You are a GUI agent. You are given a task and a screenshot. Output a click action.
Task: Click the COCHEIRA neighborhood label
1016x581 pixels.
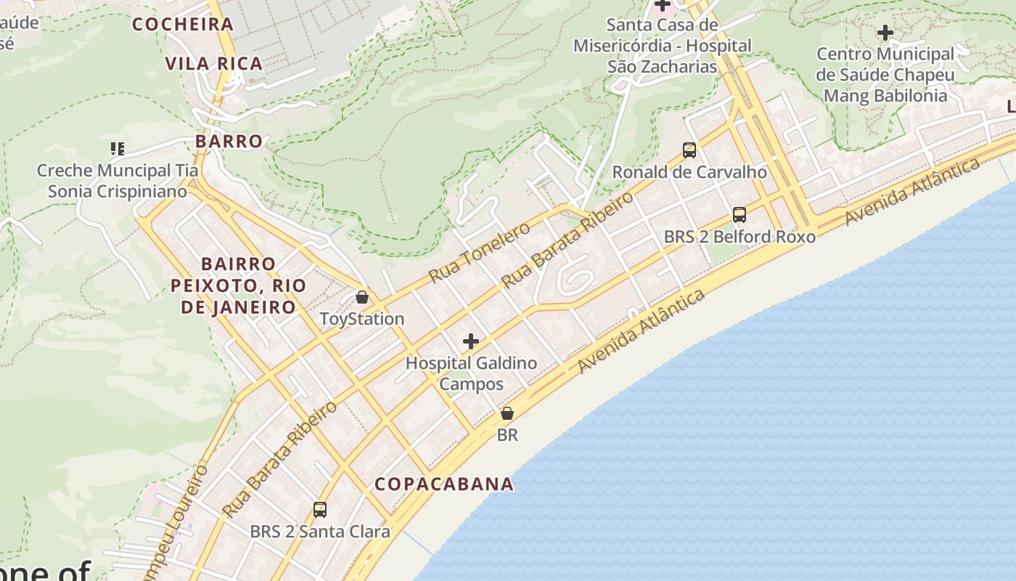183,24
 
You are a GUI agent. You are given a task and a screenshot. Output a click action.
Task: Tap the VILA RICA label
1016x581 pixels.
214,64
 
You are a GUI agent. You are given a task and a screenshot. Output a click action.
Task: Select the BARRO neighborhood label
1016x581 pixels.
229,141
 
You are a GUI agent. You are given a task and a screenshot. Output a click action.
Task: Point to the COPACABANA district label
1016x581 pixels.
444,484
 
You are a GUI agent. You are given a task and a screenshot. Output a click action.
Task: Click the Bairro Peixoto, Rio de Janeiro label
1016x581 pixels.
239,285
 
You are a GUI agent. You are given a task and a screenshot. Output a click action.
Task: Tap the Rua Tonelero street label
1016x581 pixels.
480,253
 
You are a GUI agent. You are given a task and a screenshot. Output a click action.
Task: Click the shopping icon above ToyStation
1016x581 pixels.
362,297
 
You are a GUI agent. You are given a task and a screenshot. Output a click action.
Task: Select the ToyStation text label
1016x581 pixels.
362,319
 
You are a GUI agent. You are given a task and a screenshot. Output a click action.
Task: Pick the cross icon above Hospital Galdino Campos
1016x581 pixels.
471,341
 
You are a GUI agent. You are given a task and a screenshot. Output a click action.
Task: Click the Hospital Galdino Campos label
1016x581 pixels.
471,373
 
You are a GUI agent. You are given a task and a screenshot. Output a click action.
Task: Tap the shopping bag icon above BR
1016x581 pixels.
507,413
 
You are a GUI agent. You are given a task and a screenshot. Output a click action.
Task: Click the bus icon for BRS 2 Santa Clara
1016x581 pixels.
320,510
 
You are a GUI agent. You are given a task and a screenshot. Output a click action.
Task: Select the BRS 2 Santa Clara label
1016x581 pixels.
320,532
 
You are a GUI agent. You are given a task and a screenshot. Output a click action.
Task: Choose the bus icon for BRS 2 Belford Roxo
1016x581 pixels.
740,215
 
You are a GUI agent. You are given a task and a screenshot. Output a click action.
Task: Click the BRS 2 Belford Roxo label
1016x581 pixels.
740,237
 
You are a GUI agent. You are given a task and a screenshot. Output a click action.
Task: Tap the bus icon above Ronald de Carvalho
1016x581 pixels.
689,150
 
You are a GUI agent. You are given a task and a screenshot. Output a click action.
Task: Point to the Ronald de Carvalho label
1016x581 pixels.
689,172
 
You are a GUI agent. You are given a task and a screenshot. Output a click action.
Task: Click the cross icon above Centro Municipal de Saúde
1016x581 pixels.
885,33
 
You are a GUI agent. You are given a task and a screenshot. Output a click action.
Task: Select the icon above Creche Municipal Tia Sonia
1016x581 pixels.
118,149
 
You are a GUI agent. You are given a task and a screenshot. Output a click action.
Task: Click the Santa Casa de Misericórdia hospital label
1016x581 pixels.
662,46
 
